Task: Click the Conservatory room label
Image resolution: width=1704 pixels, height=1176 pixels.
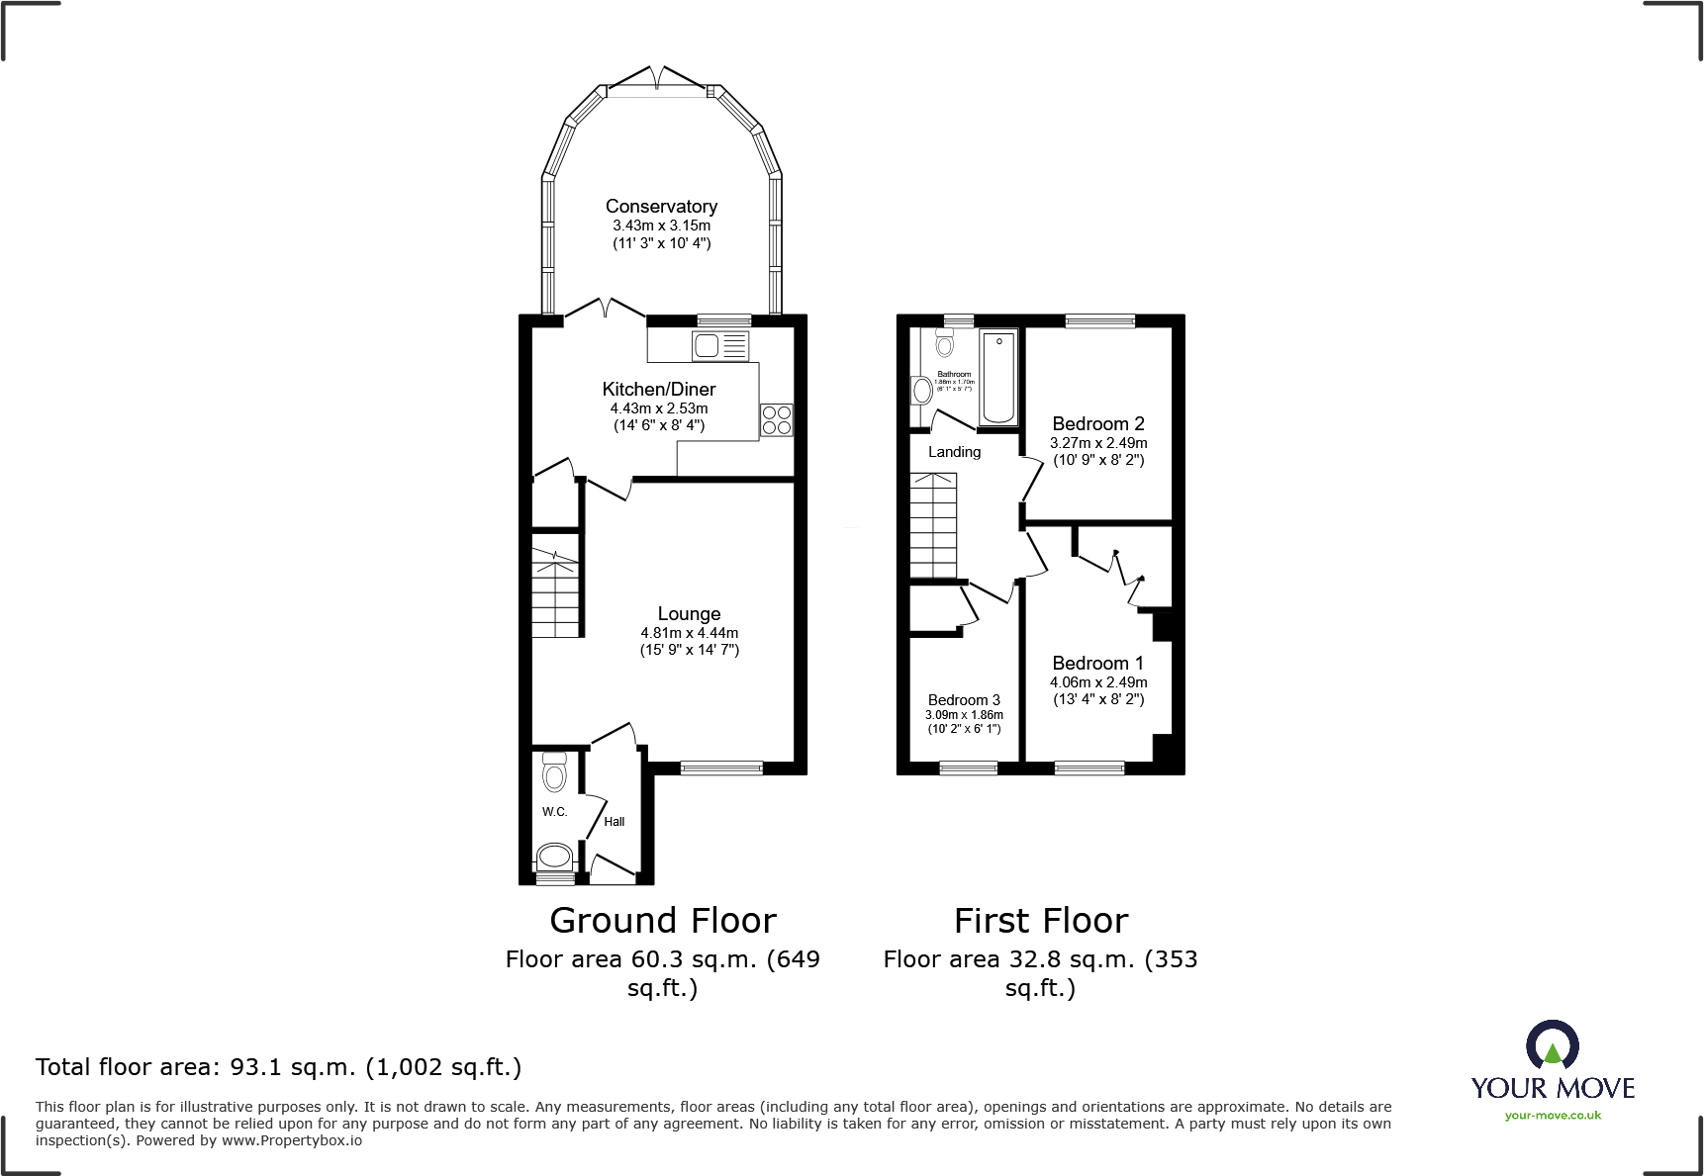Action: click(x=661, y=207)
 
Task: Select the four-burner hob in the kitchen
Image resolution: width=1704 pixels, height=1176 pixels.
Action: click(x=776, y=420)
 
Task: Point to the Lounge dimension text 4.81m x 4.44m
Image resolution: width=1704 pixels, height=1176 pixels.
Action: click(x=689, y=633)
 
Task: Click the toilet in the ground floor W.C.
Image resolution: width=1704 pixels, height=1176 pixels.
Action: click(x=554, y=772)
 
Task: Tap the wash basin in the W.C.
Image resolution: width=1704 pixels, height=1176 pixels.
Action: click(x=554, y=856)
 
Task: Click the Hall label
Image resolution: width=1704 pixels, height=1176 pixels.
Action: click(x=615, y=822)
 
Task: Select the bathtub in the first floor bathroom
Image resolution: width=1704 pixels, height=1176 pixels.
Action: click(x=998, y=377)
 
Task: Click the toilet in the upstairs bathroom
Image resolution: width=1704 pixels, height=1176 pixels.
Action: click(x=944, y=343)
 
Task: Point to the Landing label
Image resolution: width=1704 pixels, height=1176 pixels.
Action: click(x=954, y=452)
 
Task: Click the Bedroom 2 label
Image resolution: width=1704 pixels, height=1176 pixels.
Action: click(x=1098, y=423)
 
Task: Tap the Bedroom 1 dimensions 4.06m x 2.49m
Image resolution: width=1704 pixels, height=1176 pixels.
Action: click(x=1098, y=682)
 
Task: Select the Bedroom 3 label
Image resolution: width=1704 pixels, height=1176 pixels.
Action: click(x=964, y=700)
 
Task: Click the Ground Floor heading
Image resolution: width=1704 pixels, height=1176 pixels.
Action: click(x=663, y=921)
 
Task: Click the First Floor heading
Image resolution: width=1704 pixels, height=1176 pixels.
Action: click(x=1041, y=921)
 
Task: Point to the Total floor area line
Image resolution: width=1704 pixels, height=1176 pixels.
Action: click(x=278, y=1067)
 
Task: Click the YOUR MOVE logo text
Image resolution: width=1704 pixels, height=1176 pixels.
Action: click(x=1553, y=1088)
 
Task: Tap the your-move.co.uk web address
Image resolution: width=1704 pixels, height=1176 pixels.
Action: click(x=1553, y=1116)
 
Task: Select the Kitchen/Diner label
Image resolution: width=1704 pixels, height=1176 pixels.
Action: click(x=659, y=390)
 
